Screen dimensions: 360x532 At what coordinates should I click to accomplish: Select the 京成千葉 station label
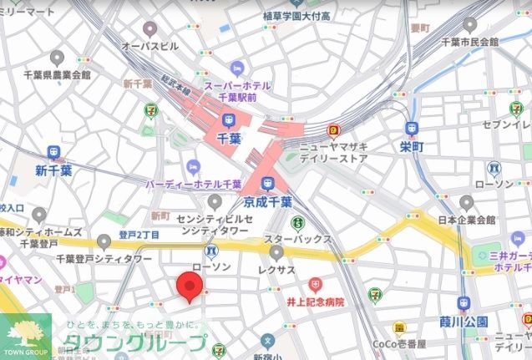[267, 202]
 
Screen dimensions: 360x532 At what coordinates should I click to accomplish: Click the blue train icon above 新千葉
[55, 153]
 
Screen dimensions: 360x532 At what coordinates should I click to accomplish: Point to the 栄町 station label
[412, 147]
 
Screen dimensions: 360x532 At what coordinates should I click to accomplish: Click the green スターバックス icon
[296, 223]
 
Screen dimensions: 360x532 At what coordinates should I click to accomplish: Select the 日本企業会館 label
[467, 221]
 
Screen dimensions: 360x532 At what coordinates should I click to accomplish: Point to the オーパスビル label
[150, 45]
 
